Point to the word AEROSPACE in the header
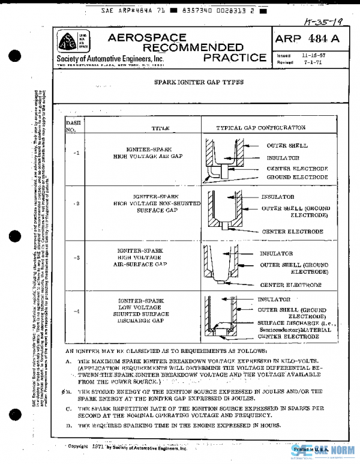click(143, 38)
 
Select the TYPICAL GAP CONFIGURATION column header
click(260, 128)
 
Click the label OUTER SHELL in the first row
click(287, 146)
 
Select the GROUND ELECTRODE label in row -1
click(297, 177)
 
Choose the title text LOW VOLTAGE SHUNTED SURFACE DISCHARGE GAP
click(140, 310)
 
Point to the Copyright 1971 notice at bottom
click(127, 447)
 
